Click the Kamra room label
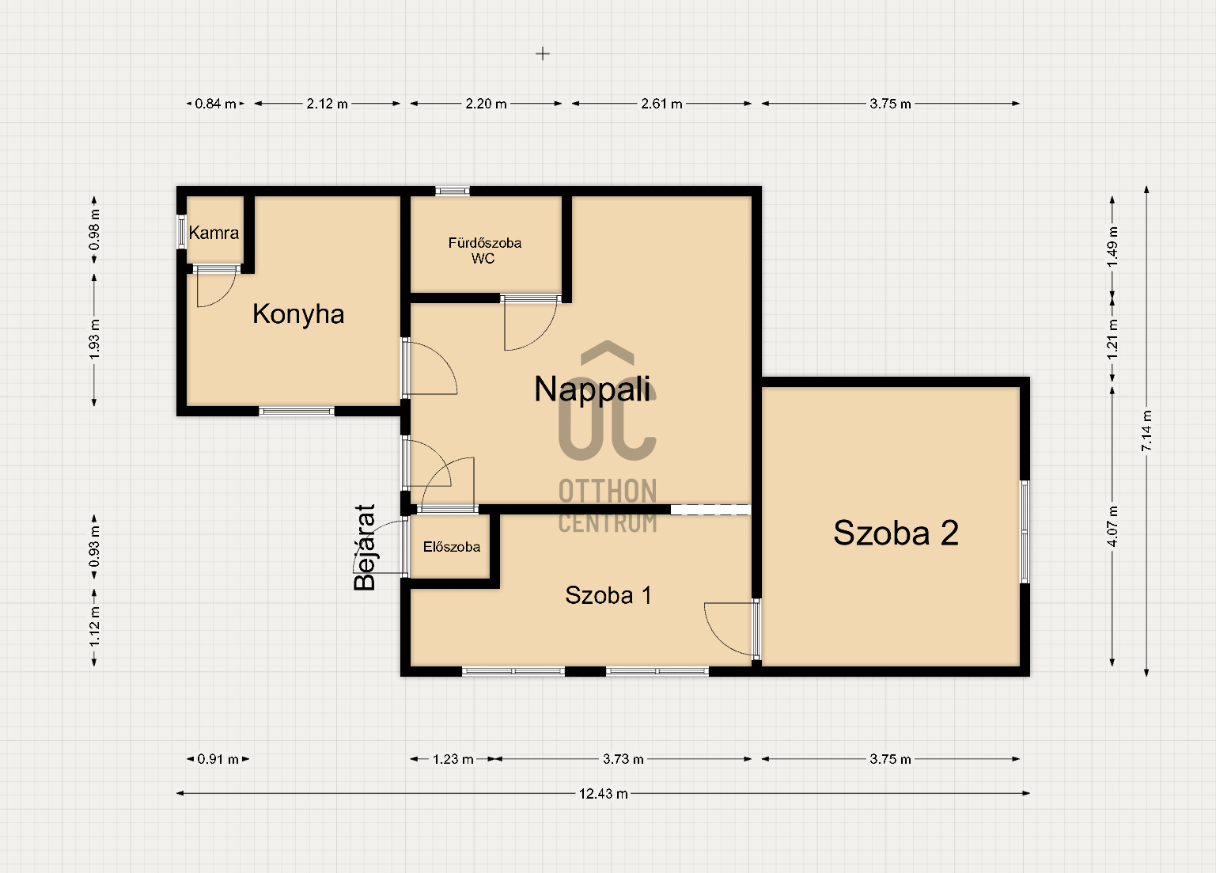[x=214, y=233]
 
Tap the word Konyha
[x=298, y=314]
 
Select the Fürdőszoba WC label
[x=484, y=250]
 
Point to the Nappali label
[x=593, y=389]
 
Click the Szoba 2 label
[x=896, y=533]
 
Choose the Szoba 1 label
[x=608, y=595]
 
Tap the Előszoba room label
[x=452, y=546]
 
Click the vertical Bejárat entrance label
[x=364, y=547]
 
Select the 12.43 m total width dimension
[x=603, y=794]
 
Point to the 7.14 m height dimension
[x=1146, y=431]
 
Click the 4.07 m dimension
[x=1112, y=526]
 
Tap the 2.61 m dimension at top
[x=661, y=104]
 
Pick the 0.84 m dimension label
[x=215, y=104]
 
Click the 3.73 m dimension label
[x=623, y=759]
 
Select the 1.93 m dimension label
[x=94, y=339]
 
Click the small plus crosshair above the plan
[x=542, y=53]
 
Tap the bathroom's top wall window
[x=453, y=192]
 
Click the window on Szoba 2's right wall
[x=1025, y=532]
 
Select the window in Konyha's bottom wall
[x=297, y=412]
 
